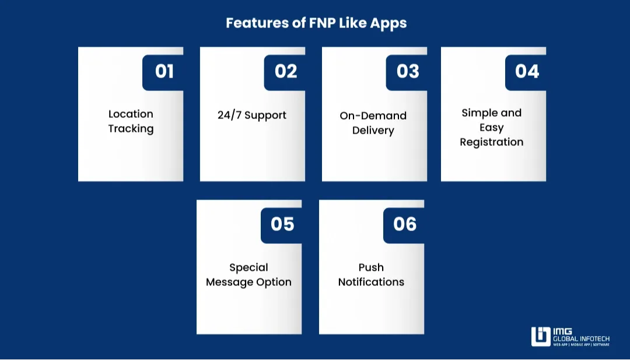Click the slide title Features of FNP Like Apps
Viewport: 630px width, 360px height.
(x=316, y=23)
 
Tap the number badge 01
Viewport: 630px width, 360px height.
(x=164, y=71)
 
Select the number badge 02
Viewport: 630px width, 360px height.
(x=286, y=71)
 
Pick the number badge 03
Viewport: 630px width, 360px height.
(x=408, y=71)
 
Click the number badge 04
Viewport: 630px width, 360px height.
(x=527, y=71)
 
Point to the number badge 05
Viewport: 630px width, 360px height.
(x=282, y=224)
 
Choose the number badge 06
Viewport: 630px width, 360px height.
(x=405, y=224)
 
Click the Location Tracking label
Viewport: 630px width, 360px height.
(x=131, y=121)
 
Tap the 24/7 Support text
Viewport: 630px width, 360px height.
(x=252, y=115)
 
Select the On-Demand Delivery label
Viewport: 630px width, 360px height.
(x=373, y=123)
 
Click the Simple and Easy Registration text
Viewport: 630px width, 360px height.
(x=492, y=127)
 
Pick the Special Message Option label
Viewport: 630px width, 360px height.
(x=249, y=275)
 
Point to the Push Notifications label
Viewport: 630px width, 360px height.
(x=371, y=274)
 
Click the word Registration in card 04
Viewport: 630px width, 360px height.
(x=492, y=142)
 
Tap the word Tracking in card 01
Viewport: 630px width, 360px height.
(x=131, y=129)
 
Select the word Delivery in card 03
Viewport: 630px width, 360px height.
(x=373, y=131)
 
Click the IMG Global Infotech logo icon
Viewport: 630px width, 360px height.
(x=541, y=337)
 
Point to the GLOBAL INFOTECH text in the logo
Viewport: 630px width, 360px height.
(x=582, y=338)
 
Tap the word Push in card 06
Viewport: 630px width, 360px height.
(x=371, y=267)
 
